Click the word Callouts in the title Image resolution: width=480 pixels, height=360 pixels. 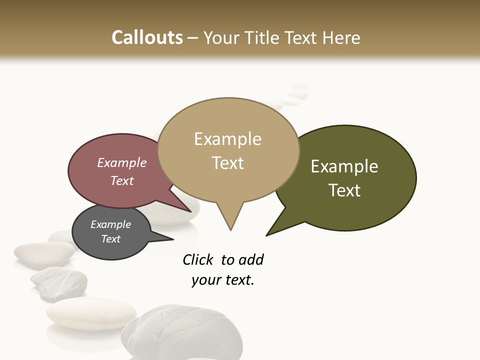pos(147,37)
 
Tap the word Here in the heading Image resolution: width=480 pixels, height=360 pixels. pos(341,37)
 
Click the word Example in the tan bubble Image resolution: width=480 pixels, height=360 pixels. pos(227,139)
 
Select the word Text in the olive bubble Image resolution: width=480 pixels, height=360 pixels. pos(344,190)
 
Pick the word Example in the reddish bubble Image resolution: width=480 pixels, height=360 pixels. pos(121,163)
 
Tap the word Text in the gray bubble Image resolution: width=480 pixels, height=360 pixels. pos(110,239)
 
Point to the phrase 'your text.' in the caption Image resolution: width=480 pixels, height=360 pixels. pos(222,280)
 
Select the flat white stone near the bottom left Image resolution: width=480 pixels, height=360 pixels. pos(91,313)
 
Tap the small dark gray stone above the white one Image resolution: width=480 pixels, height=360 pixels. pos(59,282)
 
